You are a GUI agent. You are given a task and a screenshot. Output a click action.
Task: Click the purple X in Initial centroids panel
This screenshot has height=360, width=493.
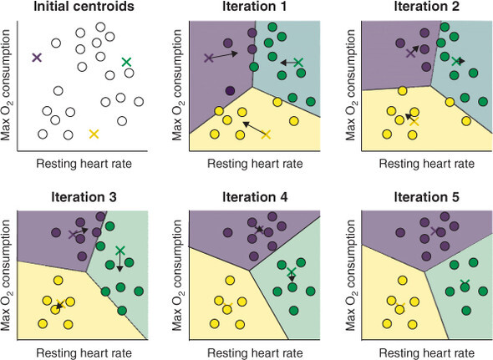[x=37, y=58]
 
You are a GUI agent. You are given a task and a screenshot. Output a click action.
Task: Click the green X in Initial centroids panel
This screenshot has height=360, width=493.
[x=126, y=62]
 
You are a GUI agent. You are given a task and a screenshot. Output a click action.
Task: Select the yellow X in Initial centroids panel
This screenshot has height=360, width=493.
[x=94, y=134]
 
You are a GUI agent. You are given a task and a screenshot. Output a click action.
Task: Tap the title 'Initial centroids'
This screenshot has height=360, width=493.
[x=84, y=7]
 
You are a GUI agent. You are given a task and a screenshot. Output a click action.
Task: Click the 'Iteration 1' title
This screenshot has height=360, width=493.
[x=255, y=7]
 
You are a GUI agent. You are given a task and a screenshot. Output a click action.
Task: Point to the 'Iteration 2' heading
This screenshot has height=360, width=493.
[x=427, y=7]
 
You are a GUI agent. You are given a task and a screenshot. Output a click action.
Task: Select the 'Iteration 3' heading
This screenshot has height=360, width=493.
[x=84, y=197]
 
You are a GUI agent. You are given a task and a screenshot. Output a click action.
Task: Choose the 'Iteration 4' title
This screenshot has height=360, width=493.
[x=255, y=197]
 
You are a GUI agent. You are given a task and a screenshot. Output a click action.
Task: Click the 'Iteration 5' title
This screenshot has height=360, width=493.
[x=427, y=197]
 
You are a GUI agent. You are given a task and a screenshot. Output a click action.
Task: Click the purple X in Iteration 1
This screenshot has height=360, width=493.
[x=209, y=58]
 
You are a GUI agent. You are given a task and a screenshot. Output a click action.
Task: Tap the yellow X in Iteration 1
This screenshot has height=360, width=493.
[x=266, y=134]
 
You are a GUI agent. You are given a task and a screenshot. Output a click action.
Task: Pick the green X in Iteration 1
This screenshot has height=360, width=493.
[x=298, y=63]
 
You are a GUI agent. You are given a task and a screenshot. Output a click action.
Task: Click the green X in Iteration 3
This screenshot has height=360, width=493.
[x=120, y=251]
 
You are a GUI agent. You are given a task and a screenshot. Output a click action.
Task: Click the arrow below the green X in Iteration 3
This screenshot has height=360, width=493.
[x=119, y=261]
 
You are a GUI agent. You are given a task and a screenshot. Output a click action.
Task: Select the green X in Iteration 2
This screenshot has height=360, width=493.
[x=456, y=61]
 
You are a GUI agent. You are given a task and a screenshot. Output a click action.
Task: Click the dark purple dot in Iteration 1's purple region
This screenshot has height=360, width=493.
[x=231, y=91]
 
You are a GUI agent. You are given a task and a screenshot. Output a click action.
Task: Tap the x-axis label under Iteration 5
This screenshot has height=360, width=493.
[x=427, y=353]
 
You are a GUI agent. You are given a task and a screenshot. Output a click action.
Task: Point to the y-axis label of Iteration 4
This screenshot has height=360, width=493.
[x=177, y=275]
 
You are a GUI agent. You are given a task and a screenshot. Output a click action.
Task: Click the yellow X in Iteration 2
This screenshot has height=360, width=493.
[x=414, y=121]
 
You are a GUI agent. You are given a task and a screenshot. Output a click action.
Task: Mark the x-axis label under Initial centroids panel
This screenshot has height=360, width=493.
[x=84, y=164]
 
